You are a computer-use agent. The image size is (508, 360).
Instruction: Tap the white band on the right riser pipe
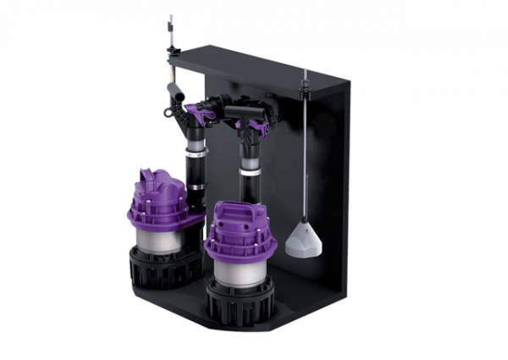pyautogui.click(x=250, y=170)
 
